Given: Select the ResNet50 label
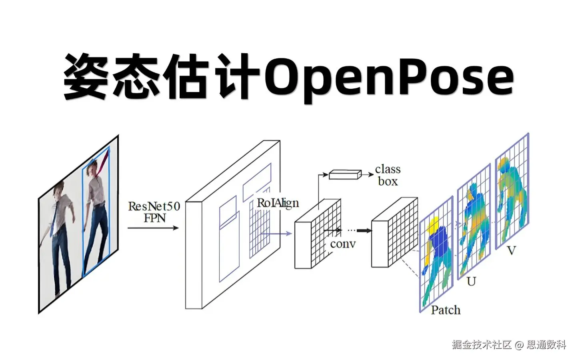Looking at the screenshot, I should (154, 206).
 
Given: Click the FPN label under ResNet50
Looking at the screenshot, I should (154, 218).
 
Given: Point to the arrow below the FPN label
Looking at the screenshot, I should (153, 228).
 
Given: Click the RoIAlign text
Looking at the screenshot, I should (278, 203).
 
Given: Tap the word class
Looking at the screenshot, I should (388, 169).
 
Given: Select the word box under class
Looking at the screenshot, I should (388, 181).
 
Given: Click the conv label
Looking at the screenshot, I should (343, 244).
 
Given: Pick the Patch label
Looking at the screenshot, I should (446, 310).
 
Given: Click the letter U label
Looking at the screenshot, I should (471, 282).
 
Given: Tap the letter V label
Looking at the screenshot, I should (511, 251).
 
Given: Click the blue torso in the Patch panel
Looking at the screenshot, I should (440, 244).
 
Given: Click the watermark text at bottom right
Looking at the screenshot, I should (509, 344).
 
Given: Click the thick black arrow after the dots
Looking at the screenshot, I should (364, 230).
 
